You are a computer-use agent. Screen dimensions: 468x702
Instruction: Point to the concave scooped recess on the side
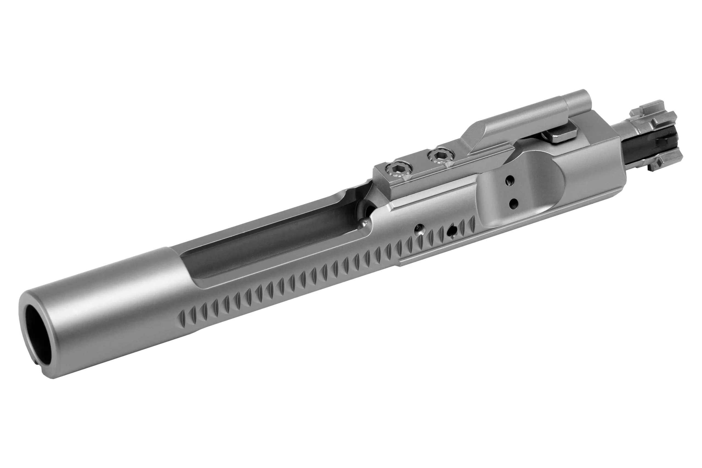tap(525, 191)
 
